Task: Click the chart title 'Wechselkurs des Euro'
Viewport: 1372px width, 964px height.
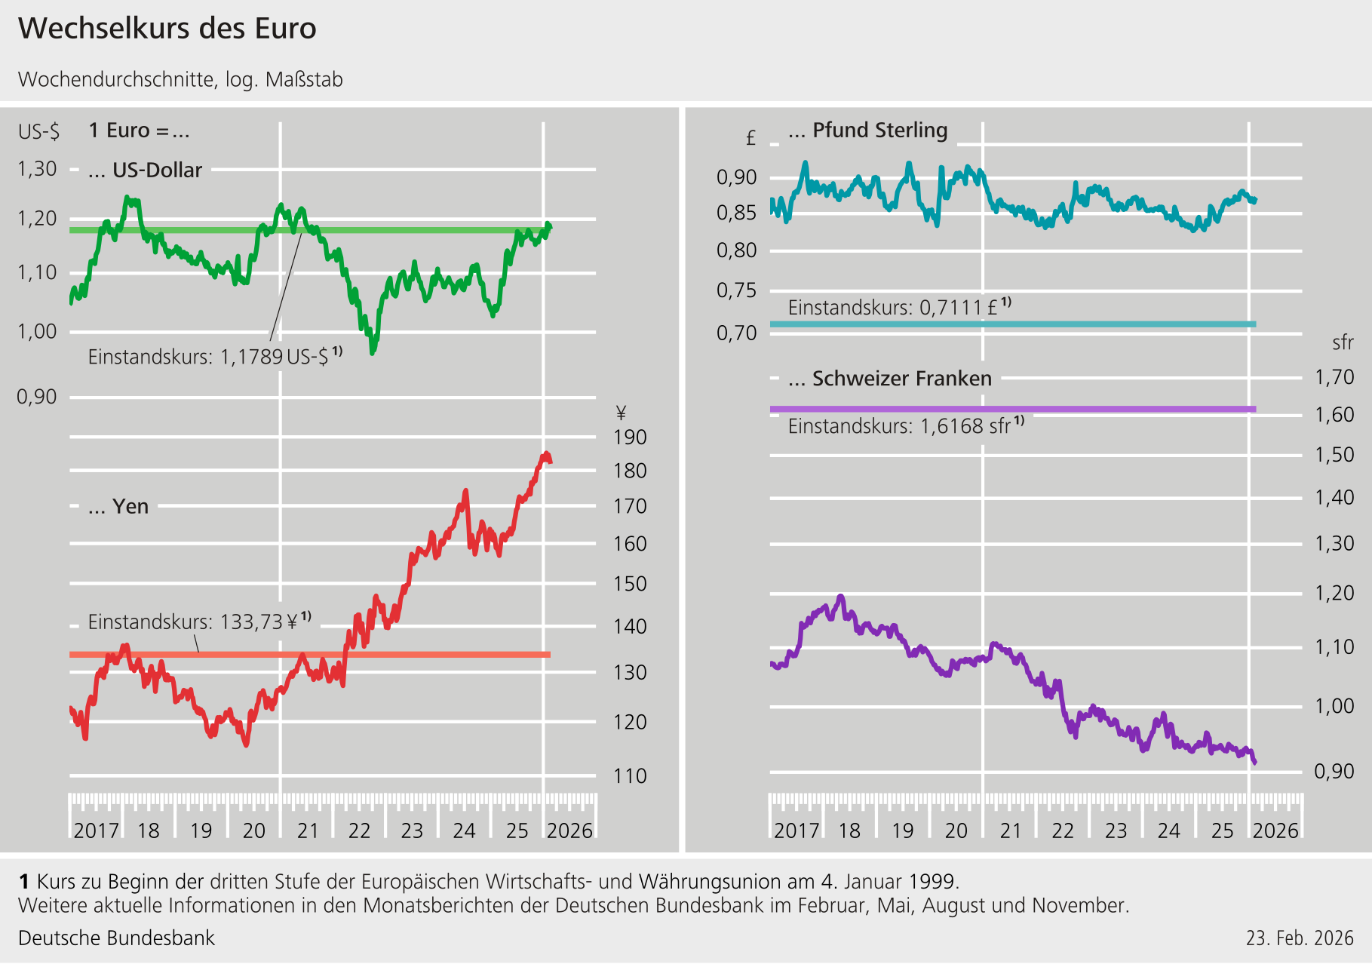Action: click(x=167, y=29)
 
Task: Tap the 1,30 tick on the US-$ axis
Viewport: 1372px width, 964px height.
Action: click(x=37, y=169)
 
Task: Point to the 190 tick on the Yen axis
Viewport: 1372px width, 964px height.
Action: click(x=630, y=437)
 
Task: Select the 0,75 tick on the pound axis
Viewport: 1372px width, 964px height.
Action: click(x=736, y=290)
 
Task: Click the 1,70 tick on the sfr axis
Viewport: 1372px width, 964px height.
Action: click(x=1334, y=377)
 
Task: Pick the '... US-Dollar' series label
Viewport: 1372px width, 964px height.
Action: click(x=145, y=170)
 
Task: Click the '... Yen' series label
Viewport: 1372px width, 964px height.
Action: click(x=118, y=507)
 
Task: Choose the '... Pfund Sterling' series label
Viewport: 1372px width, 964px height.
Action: click(x=867, y=130)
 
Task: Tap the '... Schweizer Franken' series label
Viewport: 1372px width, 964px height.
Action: click(x=890, y=379)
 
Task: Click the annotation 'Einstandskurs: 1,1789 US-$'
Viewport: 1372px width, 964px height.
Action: click(x=214, y=356)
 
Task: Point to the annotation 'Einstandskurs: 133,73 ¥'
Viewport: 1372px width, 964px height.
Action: click(x=199, y=622)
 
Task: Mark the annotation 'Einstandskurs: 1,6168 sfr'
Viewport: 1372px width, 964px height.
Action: click(x=906, y=426)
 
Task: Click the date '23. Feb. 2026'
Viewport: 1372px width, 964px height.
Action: click(x=1300, y=938)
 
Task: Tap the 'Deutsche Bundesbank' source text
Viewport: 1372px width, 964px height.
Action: click(x=116, y=938)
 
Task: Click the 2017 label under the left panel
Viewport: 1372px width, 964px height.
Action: click(x=96, y=830)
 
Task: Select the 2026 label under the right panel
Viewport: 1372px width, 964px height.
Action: click(x=1275, y=830)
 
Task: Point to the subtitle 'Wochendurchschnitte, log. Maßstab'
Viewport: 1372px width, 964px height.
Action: click(x=180, y=79)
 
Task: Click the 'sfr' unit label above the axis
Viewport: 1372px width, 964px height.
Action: click(x=1343, y=343)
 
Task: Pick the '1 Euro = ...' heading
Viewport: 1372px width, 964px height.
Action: click(x=139, y=130)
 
